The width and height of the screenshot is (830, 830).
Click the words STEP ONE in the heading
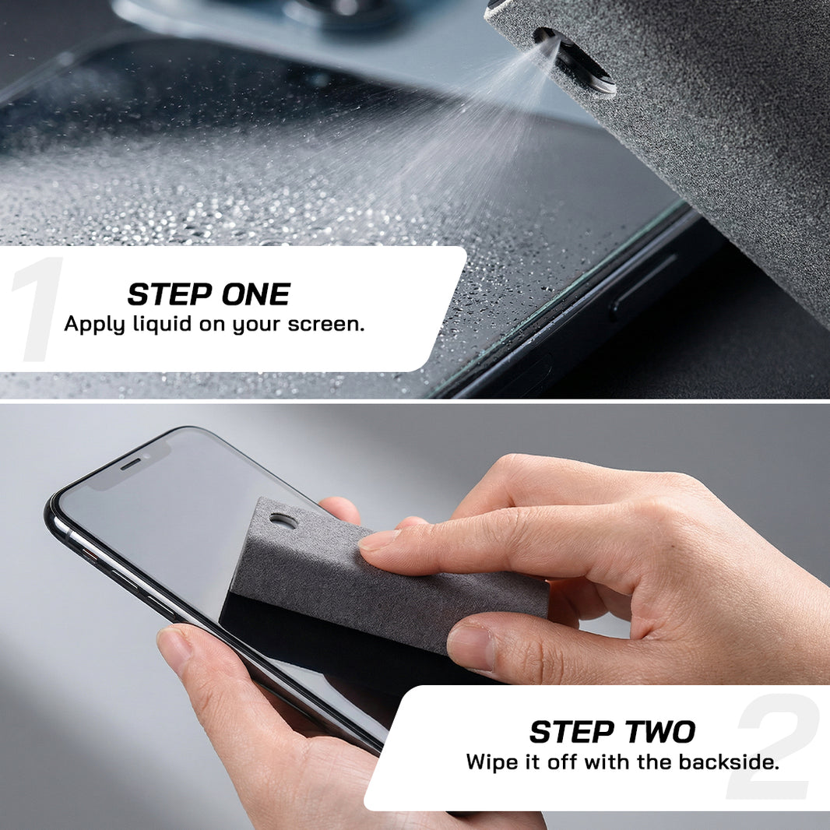coord(209,294)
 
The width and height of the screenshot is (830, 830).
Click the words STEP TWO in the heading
coord(613,732)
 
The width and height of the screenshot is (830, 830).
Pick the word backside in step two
coord(729,762)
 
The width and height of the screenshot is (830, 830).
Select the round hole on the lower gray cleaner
coord(283,520)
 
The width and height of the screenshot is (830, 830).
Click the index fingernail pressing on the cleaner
coord(379,540)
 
